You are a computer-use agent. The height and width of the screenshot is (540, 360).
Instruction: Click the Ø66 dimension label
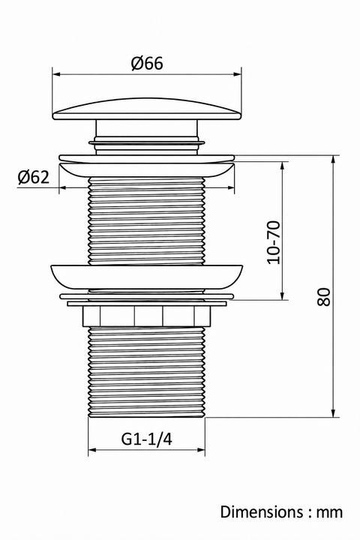point(147,64)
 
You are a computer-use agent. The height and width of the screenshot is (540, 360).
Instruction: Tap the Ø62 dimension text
point(34,177)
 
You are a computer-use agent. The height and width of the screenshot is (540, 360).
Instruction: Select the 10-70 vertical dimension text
point(274,242)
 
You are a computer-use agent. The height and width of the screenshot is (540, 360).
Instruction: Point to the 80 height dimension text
point(323,296)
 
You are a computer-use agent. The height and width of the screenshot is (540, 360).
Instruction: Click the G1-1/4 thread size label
point(146,439)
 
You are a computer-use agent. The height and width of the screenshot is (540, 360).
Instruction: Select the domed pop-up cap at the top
point(147,109)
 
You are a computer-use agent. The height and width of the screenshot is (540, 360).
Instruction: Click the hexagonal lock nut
point(146,316)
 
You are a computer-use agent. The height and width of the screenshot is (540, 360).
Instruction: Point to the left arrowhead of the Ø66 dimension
point(56,73)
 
